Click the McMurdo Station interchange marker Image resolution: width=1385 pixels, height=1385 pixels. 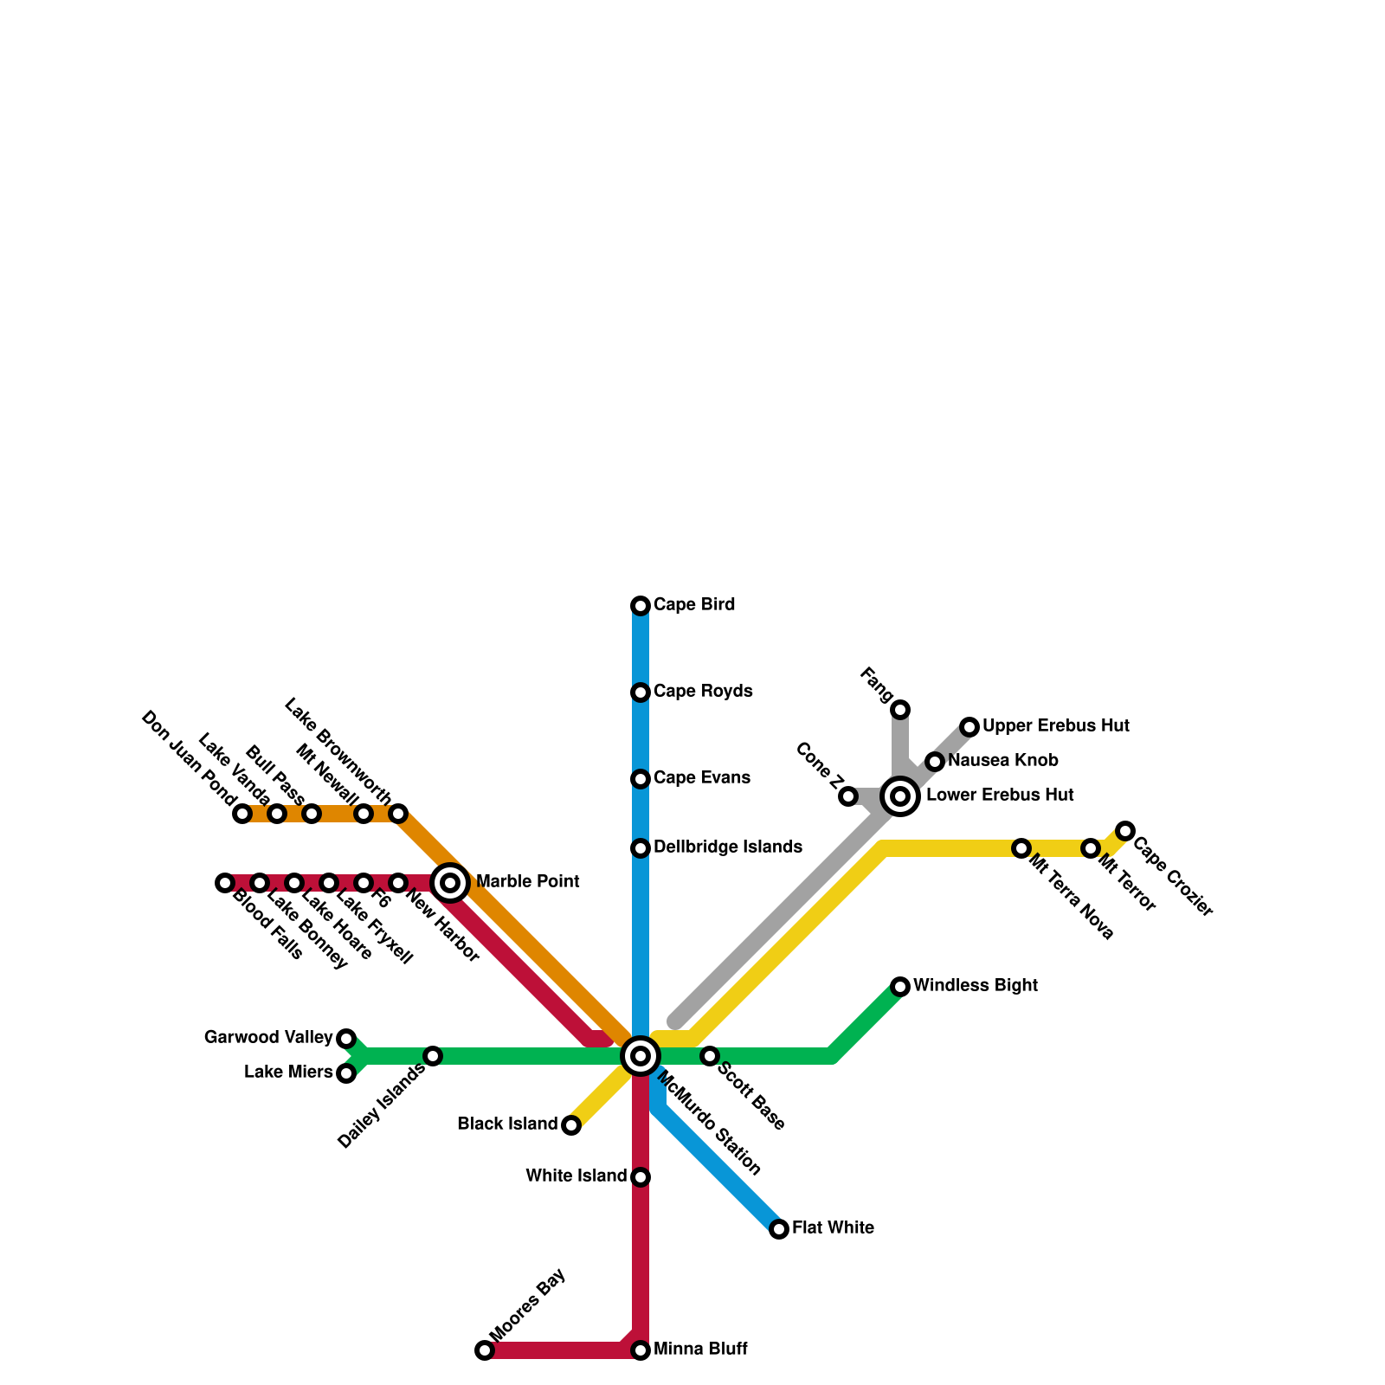tap(641, 1056)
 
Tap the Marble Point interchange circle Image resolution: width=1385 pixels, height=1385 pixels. tap(450, 883)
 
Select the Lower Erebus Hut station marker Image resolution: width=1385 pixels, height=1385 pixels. tap(900, 796)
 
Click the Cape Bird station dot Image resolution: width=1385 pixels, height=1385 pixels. tap(641, 606)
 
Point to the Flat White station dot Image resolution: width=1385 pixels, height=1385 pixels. tap(779, 1229)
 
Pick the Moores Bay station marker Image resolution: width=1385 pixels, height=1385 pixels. tap(485, 1350)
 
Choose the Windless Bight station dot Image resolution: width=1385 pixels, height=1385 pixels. tap(900, 987)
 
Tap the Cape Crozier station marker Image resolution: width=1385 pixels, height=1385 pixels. tap(1125, 831)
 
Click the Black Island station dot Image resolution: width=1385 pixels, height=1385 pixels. tap(571, 1125)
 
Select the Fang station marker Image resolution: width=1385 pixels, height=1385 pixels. tap(900, 710)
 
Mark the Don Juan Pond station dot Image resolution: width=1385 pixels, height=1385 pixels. tap(242, 814)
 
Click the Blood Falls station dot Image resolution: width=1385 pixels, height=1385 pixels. tap(225, 883)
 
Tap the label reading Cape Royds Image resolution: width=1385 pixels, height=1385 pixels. tap(703, 692)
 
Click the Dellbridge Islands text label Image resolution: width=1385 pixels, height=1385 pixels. tap(728, 847)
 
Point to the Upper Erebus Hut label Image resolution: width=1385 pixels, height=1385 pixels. tap(1056, 726)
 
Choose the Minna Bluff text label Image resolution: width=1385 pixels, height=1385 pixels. tap(700, 1350)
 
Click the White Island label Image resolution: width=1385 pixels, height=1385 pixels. tap(577, 1176)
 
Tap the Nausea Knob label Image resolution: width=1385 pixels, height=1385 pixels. tap(1003, 761)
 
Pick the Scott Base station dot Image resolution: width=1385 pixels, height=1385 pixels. tap(710, 1056)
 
